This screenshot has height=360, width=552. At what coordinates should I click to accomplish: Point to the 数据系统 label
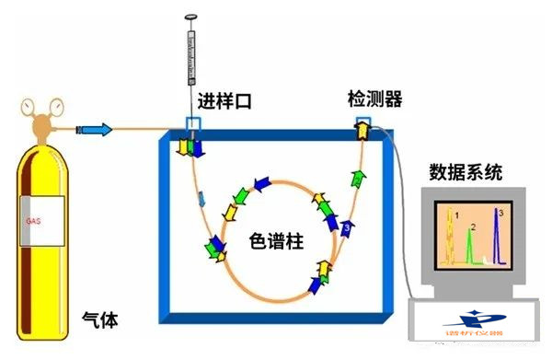click(x=466, y=172)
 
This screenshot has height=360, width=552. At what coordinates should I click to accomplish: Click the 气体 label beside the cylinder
click(x=99, y=320)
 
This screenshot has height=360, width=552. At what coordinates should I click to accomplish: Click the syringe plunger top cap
click(x=190, y=17)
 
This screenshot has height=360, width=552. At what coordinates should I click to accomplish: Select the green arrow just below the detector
click(x=358, y=175)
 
